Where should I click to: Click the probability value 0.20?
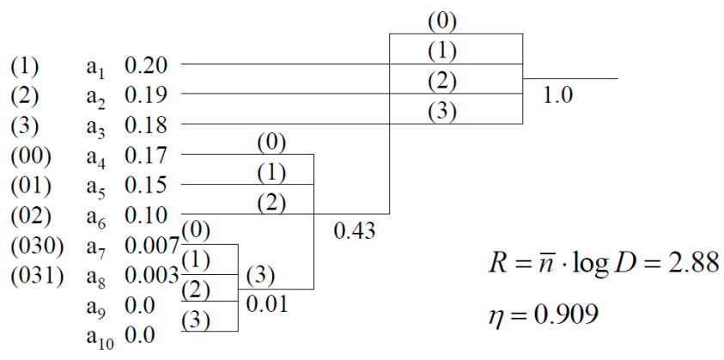pyautogui.click(x=146, y=65)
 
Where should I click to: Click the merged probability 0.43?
pyautogui.click(x=353, y=232)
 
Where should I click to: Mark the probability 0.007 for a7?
pyautogui.click(x=151, y=249)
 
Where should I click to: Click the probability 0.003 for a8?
pyautogui.click(x=151, y=278)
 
